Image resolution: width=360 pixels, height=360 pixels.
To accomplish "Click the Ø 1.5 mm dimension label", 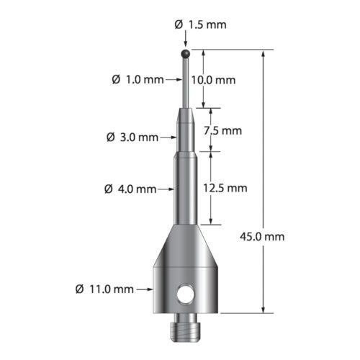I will [x=200, y=24].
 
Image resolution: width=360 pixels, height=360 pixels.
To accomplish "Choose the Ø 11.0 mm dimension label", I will [x=104, y=289].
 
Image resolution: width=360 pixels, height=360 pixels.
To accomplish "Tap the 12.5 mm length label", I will [x=226, y=188].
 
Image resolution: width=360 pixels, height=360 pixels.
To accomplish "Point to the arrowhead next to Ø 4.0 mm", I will [x=171, y=189].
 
